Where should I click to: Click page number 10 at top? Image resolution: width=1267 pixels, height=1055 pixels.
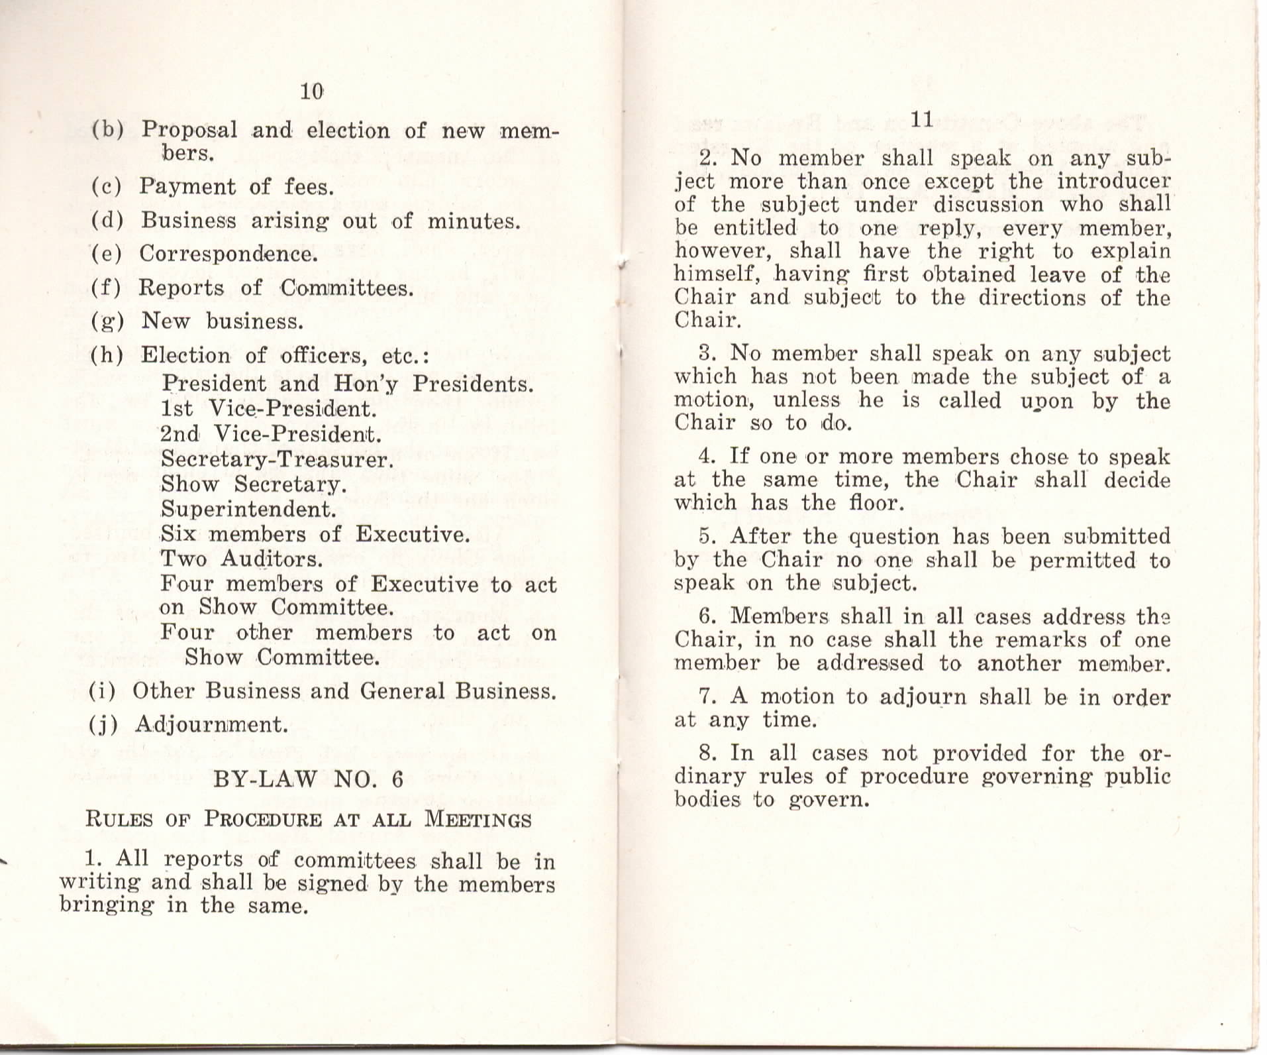311,91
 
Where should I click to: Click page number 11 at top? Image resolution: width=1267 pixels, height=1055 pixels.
922,120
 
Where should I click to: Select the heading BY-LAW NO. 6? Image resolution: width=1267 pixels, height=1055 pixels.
308,779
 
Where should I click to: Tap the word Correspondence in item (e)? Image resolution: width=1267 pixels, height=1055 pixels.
228,254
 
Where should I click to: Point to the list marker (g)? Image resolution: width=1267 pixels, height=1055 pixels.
107,321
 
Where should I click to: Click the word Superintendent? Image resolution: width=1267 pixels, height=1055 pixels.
248,510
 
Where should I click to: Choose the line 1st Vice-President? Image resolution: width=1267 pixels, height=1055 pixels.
268,409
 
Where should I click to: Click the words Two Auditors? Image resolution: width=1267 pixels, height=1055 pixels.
241,559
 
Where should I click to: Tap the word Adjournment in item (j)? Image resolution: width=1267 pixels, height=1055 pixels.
211,725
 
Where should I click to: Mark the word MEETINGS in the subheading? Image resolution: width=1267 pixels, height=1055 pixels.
478,820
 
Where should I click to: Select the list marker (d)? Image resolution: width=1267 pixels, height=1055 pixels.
107,221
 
